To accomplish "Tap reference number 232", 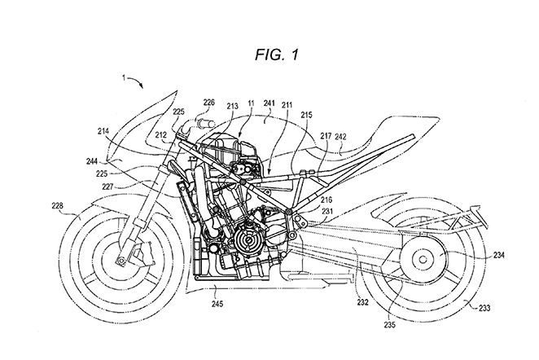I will (x=362, y=302).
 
